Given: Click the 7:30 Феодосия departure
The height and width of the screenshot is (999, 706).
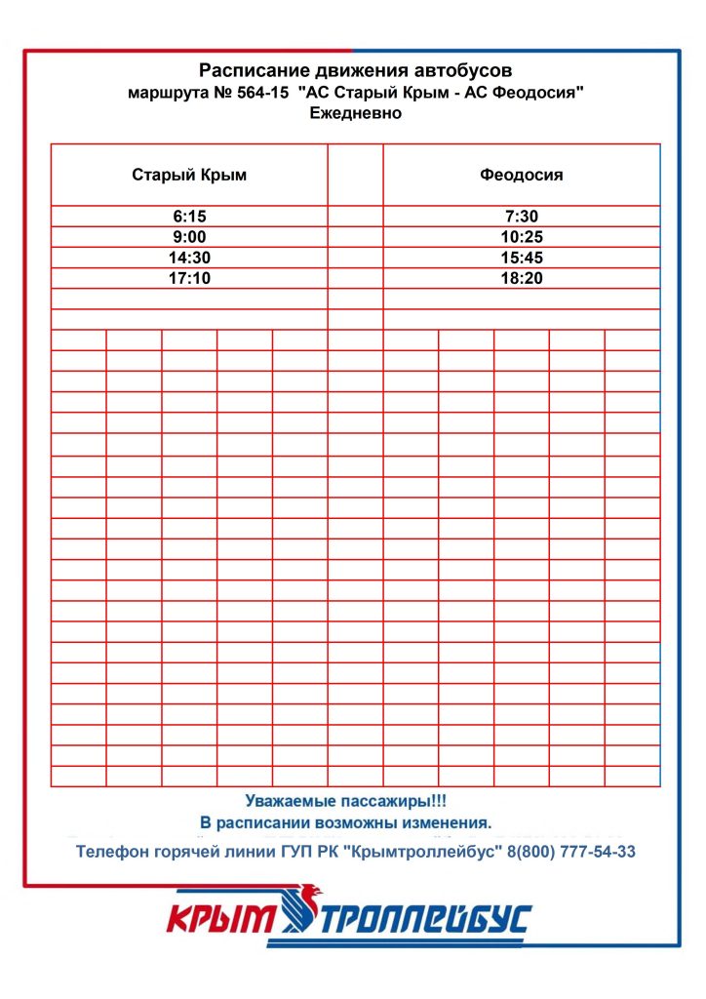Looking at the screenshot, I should click(522, 217).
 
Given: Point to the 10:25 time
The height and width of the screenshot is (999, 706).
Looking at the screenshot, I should click(522, 237).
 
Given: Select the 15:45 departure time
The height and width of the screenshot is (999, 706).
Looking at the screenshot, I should click(522, 258).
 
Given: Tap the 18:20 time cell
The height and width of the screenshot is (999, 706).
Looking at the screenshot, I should click(522, 278).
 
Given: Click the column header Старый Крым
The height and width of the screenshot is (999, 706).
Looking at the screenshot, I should click(189, 176).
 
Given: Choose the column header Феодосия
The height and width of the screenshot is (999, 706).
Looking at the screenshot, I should click(522, 176).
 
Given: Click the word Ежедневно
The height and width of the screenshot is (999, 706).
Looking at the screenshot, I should click(355, 113).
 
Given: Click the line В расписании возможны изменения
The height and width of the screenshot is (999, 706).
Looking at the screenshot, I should click(346, 822).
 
